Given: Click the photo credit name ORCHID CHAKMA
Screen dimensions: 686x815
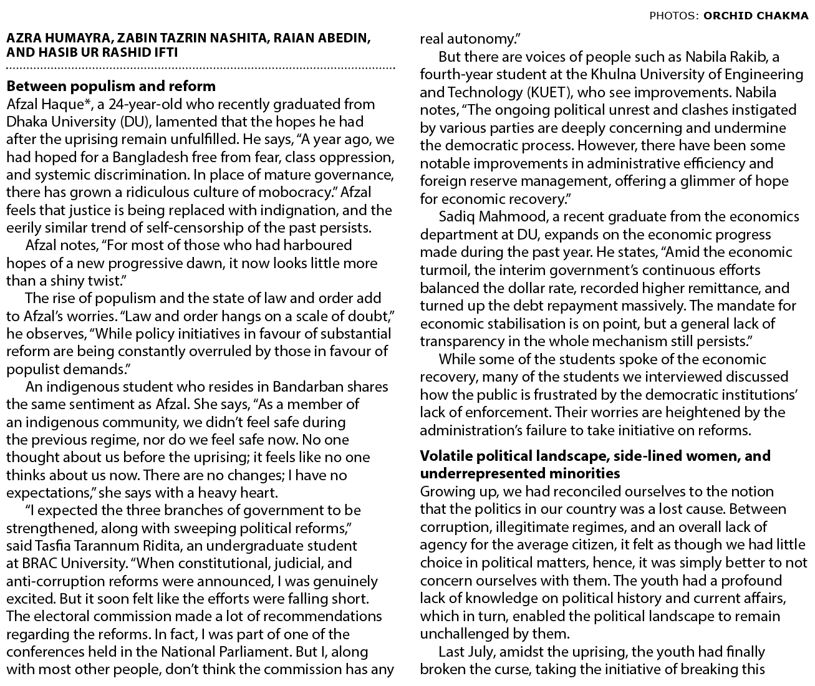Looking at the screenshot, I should pos(755,16).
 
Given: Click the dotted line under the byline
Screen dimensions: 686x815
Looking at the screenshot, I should pos(200,67).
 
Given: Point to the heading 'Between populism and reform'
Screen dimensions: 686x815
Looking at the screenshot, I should pos(111,86).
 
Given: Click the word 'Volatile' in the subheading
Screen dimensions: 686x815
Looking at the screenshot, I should pos(445,456).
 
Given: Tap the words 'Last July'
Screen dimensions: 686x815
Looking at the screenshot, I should pos(467,652).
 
